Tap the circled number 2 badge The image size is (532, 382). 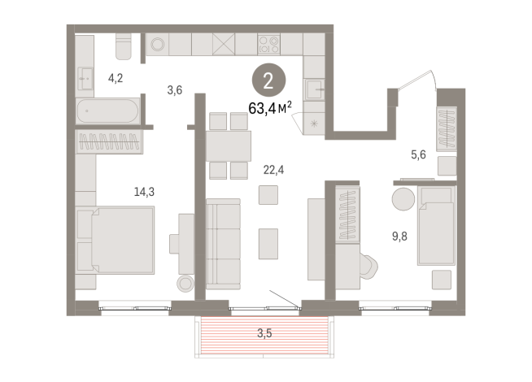264,81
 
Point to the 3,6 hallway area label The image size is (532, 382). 174,90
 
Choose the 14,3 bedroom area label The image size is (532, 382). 146,193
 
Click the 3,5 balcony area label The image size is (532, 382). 264,332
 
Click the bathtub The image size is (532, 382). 108,111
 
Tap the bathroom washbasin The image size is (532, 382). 85,77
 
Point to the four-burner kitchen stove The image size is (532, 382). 269,44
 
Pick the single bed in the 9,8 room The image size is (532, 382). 436,224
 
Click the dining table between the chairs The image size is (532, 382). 228,147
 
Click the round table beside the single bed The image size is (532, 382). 403,199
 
